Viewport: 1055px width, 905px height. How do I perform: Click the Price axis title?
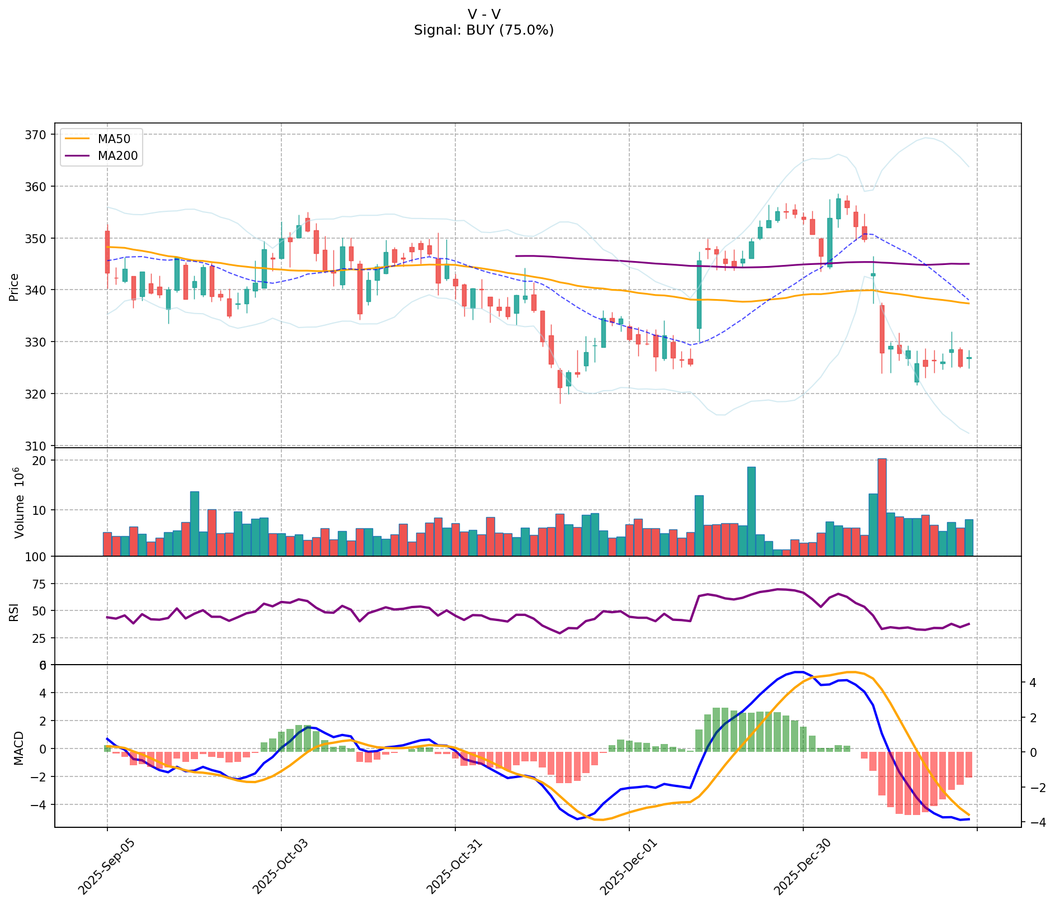click(x=14, y=287)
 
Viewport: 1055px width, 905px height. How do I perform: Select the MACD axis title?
click(x=18, y=748)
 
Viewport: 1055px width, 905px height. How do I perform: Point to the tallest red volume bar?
click(x=882, y=507)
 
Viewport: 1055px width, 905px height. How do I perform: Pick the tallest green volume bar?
click(x=751, y=511)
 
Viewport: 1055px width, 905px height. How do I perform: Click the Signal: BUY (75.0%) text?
click(x=484, y=30)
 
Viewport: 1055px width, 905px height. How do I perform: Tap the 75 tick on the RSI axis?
click(x=39, y=584)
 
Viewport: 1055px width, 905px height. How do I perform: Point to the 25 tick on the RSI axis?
click(x=39, y=638)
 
